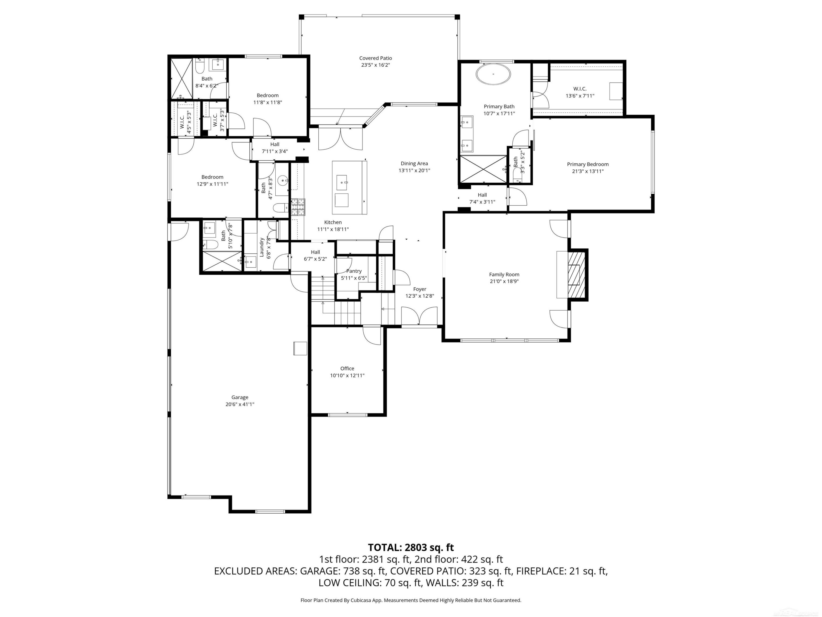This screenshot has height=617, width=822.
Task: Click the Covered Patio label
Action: (x=375, y=58)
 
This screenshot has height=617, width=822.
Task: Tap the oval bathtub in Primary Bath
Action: (x=493, y=74)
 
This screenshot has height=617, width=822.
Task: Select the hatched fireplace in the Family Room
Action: (x=577, y=274)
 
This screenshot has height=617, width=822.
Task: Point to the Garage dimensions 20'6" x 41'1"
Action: (x=240, y=404)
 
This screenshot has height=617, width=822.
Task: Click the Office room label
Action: (x=347, y=369)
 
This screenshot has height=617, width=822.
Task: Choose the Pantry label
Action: (x=354, y=271)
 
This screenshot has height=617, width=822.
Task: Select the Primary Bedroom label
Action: (x=587, y=164)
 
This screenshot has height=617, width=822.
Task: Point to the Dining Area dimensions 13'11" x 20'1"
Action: (x=414, y=170)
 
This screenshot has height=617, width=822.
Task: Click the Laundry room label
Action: (x=262, y=247)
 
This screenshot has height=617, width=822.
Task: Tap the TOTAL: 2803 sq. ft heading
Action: (x=411, y=547)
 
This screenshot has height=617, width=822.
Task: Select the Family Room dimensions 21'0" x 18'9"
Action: (x=504, y=281)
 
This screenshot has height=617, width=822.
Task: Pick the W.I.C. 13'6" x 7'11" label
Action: (x=580, y=92)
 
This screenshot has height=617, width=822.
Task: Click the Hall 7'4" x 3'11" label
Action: (x=482, y=198)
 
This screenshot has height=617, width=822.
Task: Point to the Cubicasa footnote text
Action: (x=411, y=600)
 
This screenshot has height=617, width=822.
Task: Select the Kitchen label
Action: (x=333, y=222)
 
